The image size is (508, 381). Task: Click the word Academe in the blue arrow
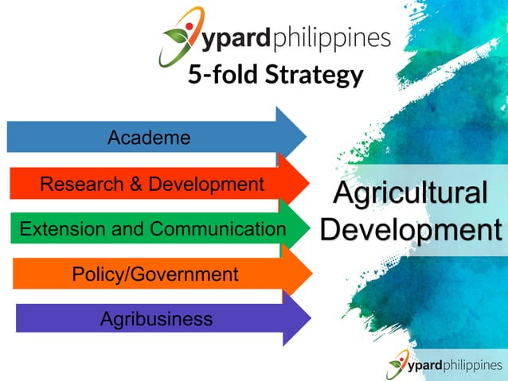pos(149,138)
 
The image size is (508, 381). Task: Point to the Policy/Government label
pos(155,274)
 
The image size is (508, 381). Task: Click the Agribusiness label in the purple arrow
pos(156,319)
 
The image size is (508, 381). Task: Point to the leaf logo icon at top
pos(179,36)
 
